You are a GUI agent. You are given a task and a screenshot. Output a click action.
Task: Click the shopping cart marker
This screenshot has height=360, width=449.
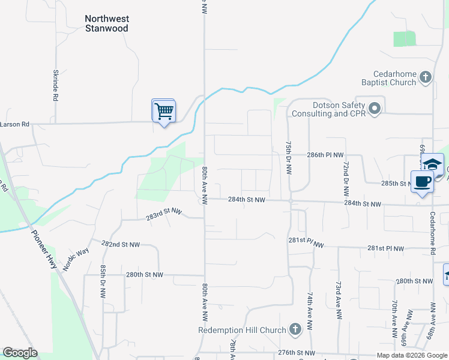[163, 111]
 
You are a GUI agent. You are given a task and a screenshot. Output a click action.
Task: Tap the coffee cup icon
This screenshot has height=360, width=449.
[422, 181]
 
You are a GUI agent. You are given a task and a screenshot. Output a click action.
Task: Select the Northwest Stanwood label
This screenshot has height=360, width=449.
[107, 23]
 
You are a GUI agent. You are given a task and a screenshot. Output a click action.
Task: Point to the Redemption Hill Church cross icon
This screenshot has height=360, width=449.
[294, 329]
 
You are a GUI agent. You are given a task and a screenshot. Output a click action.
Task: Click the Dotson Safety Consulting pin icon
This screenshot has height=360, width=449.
[375, 109]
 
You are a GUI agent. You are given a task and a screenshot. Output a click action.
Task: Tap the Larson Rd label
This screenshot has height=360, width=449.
[15, 125]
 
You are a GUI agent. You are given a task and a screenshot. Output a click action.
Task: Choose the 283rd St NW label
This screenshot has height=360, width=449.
[164, 213]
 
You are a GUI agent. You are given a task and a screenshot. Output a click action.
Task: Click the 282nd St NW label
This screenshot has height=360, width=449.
[120, 245]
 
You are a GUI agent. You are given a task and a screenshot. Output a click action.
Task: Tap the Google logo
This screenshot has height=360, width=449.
[20, 353]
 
